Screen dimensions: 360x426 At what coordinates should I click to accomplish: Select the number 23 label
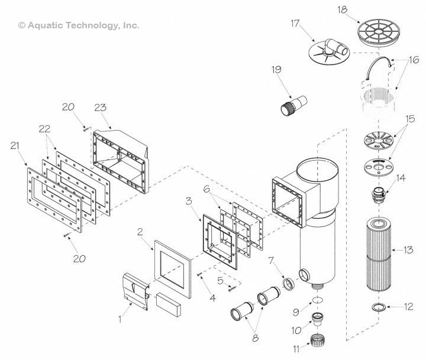pyautogui.click(x=101, y=107)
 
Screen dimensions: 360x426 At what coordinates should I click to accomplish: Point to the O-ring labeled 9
pyautogui.click(x=318, y=300)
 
